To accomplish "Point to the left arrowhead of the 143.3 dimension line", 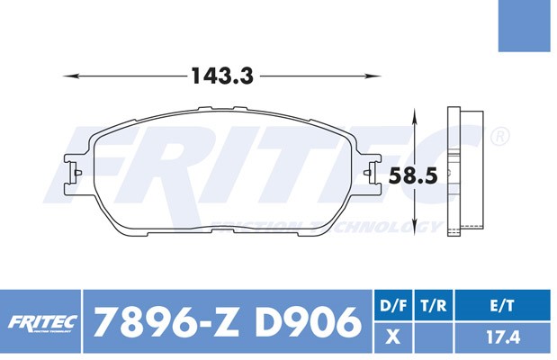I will (x=67, y=76).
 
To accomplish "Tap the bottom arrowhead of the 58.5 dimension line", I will (x=414, y=227).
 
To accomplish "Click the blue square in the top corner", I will (x=527, y=26).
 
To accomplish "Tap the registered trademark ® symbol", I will (x=500, y=137).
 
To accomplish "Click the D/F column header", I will (x=391, y=307).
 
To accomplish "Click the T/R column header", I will (x=435, y=307).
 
